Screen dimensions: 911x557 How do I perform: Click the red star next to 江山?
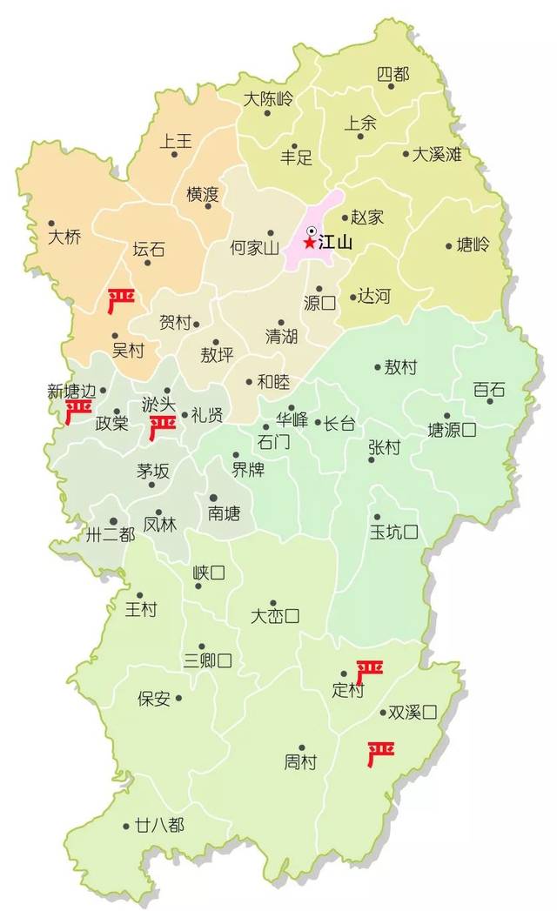[x=310, y=244]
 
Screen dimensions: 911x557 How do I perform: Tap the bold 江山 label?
[x=335, y=244]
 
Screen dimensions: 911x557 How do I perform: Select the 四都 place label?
[x=393, y=75]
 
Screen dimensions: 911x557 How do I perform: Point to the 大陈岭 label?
[x=268, y=98]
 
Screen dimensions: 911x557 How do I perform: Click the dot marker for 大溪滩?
[x=406, y=155]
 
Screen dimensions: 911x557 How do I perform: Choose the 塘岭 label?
[x=473, y=245]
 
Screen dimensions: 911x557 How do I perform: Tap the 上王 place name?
[x=176, y=140]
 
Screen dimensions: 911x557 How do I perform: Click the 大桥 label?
[x=64, y=237]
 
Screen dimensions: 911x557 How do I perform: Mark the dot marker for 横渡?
[x=208, y=206]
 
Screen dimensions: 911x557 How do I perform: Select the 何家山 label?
[x=254, y=248]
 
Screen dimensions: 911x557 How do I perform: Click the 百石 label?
[x=489, y=389]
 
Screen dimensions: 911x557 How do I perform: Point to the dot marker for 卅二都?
[x=113, y=521]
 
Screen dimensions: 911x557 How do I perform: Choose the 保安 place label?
[x=154, y=699]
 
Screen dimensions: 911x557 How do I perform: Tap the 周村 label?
[x=301, y=762]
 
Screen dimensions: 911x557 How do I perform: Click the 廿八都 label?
[x=160, y=825]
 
